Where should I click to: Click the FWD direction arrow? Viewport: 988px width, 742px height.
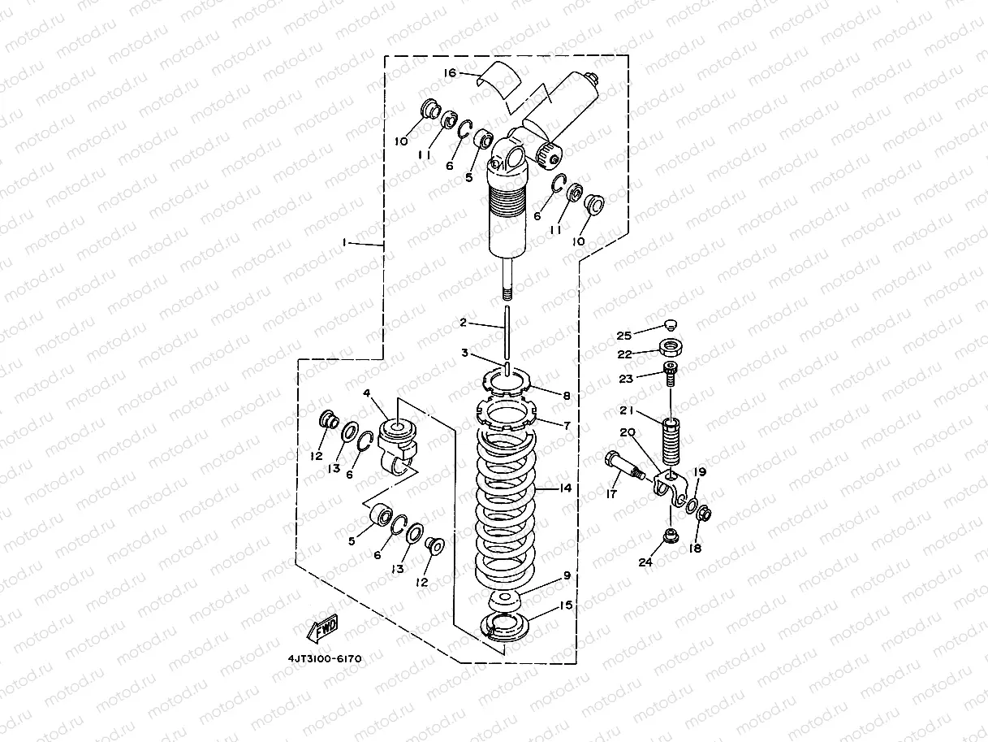click(x=321, y=627)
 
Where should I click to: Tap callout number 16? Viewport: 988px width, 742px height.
click(x=451, y=73)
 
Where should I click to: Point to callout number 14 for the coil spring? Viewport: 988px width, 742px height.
click(x=565, y=488)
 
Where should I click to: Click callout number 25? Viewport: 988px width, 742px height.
click(x=623, y=336)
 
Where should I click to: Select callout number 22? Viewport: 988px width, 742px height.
click(x=623, y=354)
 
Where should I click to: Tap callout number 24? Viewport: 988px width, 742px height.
click(x=645, y=562)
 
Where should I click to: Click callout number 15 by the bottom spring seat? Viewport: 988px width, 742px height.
click(x=566, y=605)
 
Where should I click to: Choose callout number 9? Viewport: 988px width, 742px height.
click(x=566, y=576)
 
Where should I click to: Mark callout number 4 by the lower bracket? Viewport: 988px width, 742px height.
click(x=367, y=393)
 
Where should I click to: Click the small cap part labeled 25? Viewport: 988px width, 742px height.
click(x=670, y=325)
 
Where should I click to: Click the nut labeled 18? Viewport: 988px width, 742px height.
click(x=705, y=514)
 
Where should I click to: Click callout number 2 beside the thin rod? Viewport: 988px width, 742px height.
click(x=464, y=323)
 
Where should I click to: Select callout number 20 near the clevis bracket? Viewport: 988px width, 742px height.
click(x=628, y=434)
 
